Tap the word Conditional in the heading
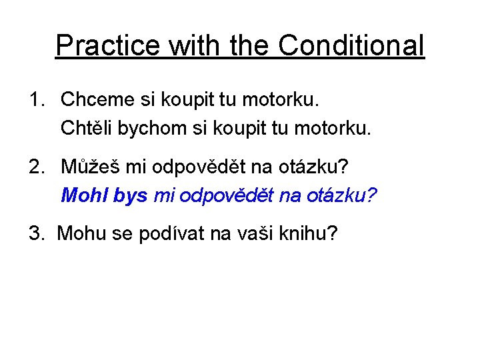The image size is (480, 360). (351, 46)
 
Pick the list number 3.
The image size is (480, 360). (35, 233)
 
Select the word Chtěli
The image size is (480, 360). (87, 127)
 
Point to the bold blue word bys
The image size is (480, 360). (131, 195)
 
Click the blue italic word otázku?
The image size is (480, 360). (340, 195)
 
